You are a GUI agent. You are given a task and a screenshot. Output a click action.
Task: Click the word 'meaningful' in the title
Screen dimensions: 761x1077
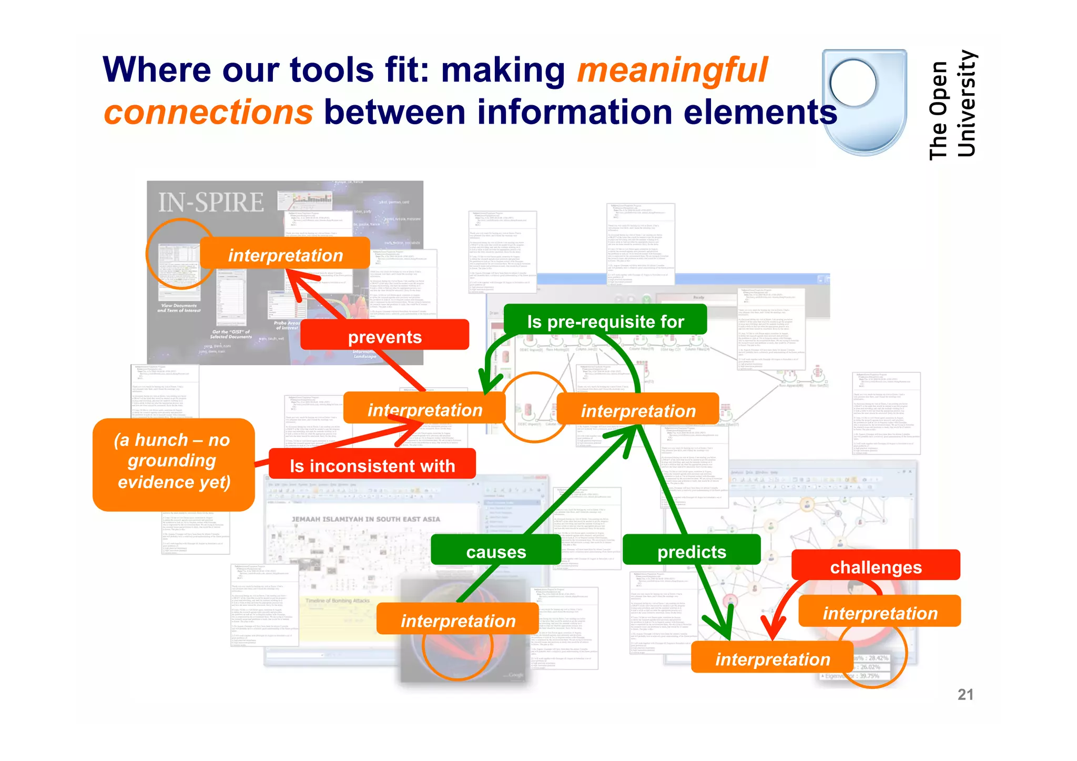(x=672, y=70)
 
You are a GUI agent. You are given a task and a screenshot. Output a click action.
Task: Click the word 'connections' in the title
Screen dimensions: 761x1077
(x=208, y=113)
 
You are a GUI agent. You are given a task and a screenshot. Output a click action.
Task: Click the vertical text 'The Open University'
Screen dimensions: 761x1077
(x=952, y=105)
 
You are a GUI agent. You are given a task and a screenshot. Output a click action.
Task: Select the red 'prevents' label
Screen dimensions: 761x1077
(x=384, y=337)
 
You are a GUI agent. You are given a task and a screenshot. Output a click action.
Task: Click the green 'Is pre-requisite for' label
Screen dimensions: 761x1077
(x=605, y=321)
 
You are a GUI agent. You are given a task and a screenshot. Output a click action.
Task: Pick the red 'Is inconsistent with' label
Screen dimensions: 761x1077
(x=372, y=465)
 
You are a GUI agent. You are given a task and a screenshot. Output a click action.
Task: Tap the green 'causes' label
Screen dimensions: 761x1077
(x=496, y=551)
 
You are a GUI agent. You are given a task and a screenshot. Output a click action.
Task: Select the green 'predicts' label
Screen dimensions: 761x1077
(x=692, y=551)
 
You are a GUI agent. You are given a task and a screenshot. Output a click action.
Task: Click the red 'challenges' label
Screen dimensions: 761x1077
(x=876, y=566)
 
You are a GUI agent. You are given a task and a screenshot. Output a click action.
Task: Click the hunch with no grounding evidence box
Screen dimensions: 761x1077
(x=174, y=461)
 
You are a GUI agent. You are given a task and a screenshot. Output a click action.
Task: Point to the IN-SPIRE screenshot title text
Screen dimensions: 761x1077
(x=211, y=202)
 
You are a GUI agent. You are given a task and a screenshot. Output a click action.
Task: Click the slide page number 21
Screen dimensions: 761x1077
(x=965, y=694)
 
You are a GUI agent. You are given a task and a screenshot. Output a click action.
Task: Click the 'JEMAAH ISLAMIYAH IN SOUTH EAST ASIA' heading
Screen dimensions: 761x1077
(x=366, y=519)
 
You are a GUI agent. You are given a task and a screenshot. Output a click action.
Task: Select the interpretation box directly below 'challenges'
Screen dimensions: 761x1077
(x=880, y=613)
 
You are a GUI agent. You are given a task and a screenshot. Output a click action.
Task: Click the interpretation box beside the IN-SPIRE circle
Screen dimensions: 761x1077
(x=285, y=255)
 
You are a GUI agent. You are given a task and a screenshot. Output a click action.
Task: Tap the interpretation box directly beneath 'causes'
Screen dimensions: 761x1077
(x=458, y=621)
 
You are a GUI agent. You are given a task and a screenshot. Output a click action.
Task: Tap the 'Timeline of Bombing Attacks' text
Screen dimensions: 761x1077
(x=338, y=601)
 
